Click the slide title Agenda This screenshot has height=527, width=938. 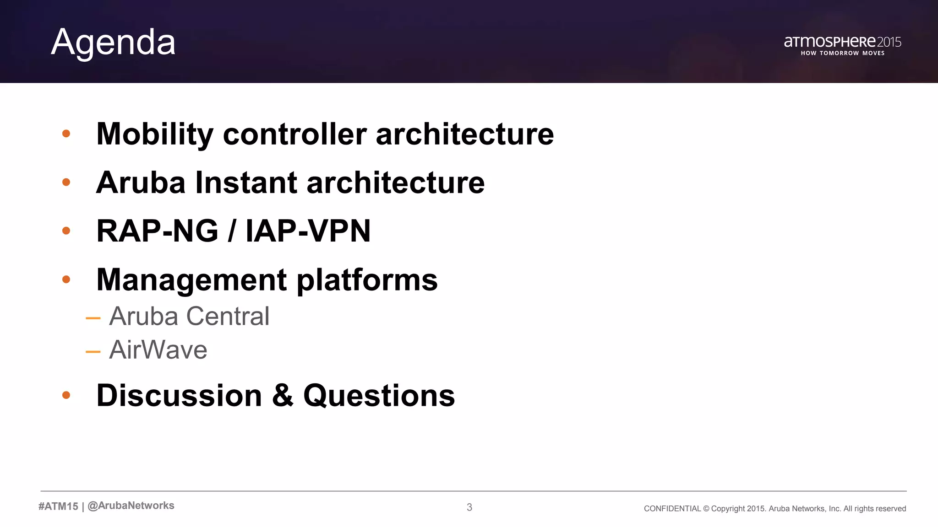pyautogui.click(x=113, y=42)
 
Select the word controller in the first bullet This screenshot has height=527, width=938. pyautogui.click(x=294, y=134)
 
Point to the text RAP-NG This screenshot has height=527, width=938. pyautogui.click(x=157, y=231)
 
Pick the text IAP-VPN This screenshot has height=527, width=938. pyautogui.click(x=308, y=231)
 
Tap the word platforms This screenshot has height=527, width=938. pyautogui.click(x=367, y=280)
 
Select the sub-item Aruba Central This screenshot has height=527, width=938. pyautogui.click(x=189, y=316)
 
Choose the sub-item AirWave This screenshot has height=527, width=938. pyautogui.click(x=158, y=350)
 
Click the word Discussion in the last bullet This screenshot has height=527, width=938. pyautogui.click(x=179, y=395)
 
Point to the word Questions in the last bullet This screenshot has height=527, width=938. pyautogui.click(x=379, y=396)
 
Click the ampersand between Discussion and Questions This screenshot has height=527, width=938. pyautogui.click(x=283, y=395)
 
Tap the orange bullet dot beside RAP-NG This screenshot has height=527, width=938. pyautogui.click(x=66, y=231)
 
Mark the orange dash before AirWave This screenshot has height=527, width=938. pyautogui.click(x=93, y=352)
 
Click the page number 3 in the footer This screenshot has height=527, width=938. pyautogui.click(x=469, y=507)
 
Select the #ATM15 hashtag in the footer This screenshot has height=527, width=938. pyautogui.click(x=58, y=506)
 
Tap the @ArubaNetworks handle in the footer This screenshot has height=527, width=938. pyautogui.click(x=131, y=505)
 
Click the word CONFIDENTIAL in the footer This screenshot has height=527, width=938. pyautogui.click(x=672, y=509)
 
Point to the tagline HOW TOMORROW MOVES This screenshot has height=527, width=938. pyautogui.click(x=842, y=53)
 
